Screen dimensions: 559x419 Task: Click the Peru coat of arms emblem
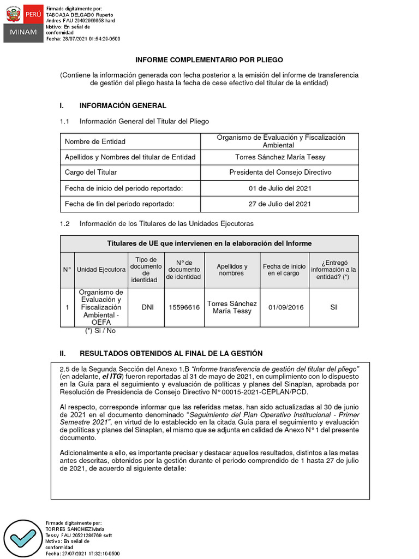pyautogui.click(x=14, y=14)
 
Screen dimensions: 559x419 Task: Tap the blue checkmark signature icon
pyautogui.click(x=23, y=539)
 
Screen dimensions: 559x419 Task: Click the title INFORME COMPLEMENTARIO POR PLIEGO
pyautogui.click(x=209, y=60)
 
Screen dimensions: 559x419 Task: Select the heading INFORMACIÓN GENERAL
pyautogui.click(x=123, y=105)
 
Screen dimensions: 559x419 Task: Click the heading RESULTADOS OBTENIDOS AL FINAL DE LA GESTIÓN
pyautogui.click(x=171, y=353)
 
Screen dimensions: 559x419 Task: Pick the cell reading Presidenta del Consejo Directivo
pyautogui.click(x=280, y=172)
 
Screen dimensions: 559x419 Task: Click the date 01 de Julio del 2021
pyautogui.click(x=280, y=188)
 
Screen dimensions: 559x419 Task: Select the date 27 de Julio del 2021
pyautogui.click(x=280, y=204)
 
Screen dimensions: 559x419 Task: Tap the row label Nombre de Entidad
pyautogui.click(x=95, y=141)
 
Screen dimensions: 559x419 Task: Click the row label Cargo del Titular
pyautogui.click(x=91, y=172)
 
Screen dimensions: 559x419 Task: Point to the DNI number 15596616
pyautogui.click(x=184, y=307)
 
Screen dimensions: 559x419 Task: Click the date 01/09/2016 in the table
pyautogui.click(x=286, y=307)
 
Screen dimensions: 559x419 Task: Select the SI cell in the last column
pyautogui.click(x=333, y=307)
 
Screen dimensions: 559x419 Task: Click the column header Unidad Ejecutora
pyautogui.click(x=101, y=270)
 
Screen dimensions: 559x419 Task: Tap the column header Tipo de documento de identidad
pyautogui.click(x=146, y=270)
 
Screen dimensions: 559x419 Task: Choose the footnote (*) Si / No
pyautogui.click(x=100, y=331)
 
